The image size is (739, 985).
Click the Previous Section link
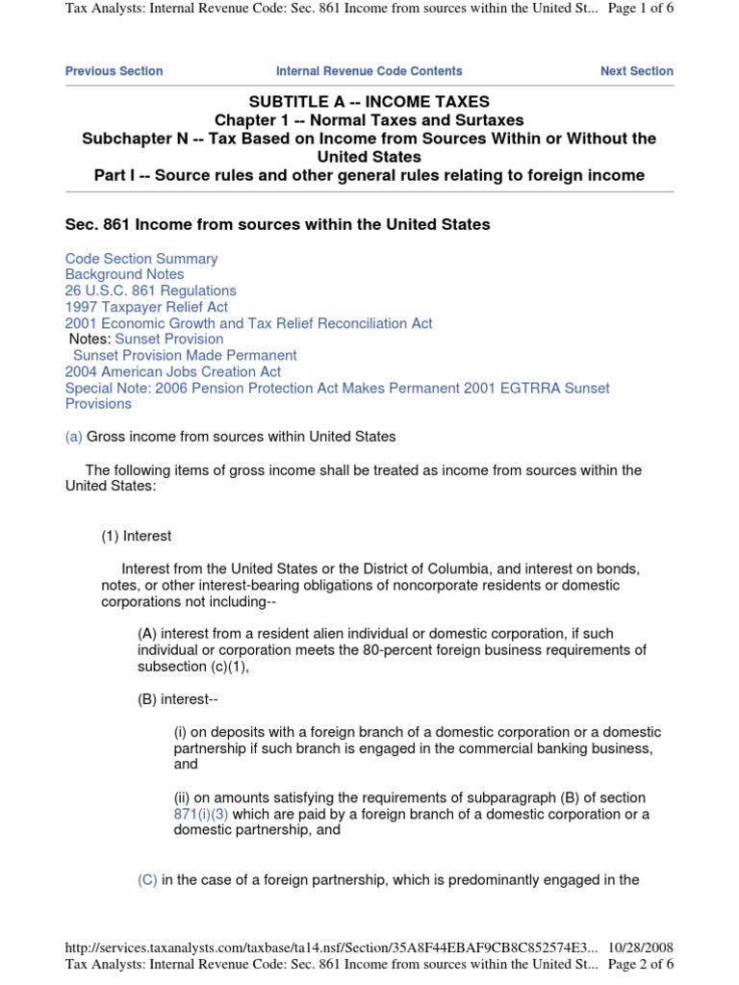click(114, 71)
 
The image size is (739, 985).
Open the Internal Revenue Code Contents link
click(369, 71)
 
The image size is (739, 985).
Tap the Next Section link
click(636, 71)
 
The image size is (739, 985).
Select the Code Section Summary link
click(141, 259)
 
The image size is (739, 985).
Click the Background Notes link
click(124, 274)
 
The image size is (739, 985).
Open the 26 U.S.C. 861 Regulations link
click(150, 290)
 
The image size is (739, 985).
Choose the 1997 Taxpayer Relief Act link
click(146, 307)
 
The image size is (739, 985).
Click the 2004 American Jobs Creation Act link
click(173, 371)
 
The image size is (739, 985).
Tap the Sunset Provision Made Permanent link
click(185, 355)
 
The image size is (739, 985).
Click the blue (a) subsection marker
click(74, 437)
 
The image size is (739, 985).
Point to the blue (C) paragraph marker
click(148, 879)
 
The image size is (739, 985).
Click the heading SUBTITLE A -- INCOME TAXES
click(369, 102)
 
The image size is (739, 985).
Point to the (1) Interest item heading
click(137, 536)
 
